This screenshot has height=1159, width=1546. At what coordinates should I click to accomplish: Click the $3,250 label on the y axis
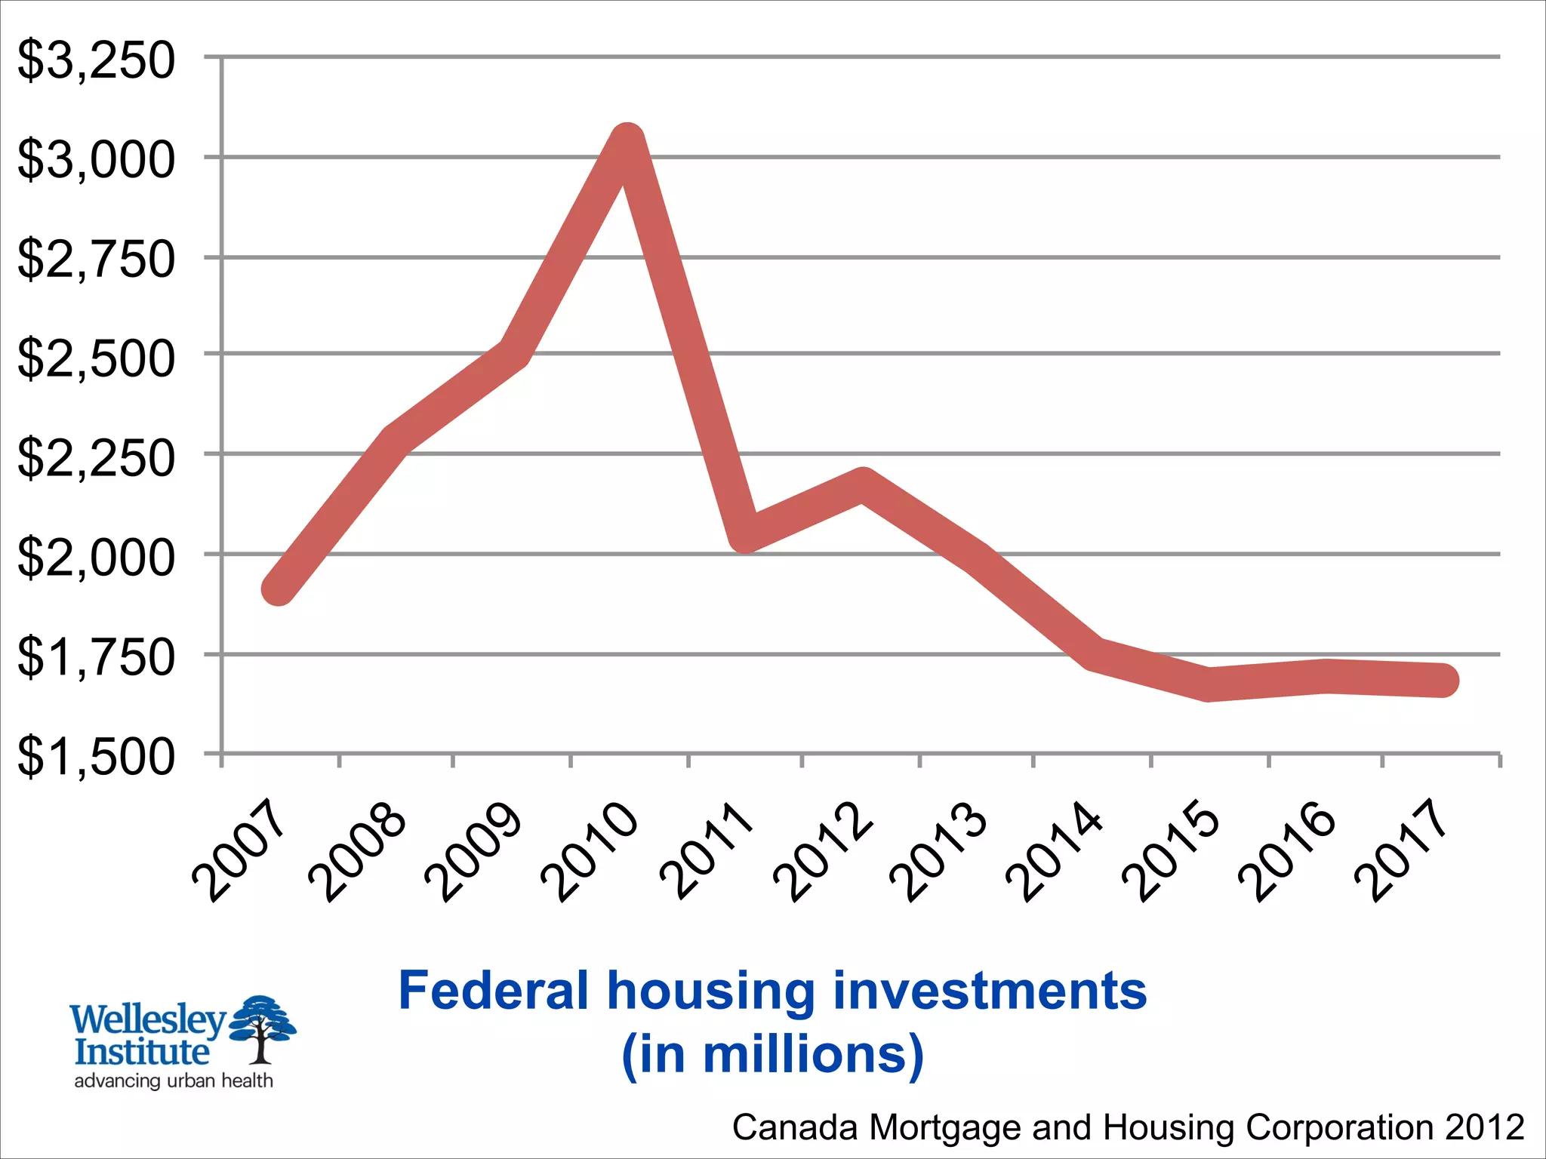[96, 60]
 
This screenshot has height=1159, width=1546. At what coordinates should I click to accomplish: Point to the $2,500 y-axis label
[96, 358]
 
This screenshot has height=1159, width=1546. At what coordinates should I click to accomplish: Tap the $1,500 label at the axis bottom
[96, 757]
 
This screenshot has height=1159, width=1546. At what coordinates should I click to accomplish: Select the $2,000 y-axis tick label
[96, 558]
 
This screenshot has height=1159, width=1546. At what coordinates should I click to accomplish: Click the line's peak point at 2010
[627, 140]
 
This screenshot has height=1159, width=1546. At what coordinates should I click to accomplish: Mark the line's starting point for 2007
[279, 589]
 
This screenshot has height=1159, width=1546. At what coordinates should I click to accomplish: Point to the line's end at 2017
[1443, 680]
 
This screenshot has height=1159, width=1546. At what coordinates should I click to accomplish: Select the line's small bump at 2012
[862, 487]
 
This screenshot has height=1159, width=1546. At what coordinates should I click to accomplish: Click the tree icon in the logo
[262, 1026]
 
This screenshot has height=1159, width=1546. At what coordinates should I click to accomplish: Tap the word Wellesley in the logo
[148, 1019]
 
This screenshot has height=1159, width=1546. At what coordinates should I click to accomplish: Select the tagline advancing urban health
[174, 1081]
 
